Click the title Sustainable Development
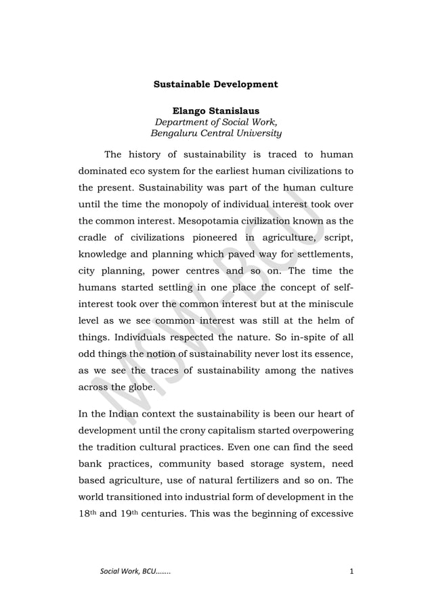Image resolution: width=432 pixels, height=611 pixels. point(215,85)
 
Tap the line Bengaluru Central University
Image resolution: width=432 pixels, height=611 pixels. point(215,133)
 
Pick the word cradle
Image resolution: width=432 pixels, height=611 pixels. point(96,240)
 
